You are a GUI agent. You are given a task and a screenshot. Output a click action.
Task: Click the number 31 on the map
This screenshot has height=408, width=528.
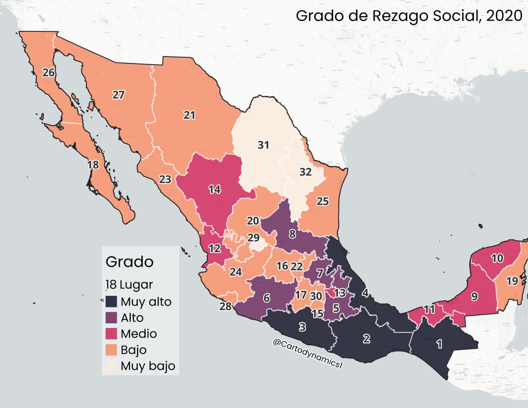[263, 144]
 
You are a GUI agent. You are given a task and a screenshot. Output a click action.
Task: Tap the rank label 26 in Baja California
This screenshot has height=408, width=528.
[48, 73]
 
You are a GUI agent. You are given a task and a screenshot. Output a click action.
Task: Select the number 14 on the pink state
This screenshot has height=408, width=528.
[214, 189]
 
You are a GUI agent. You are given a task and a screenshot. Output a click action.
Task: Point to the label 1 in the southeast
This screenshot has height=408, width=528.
[438, 345]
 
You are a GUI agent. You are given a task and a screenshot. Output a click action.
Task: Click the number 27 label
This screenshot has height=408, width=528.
[118, 95]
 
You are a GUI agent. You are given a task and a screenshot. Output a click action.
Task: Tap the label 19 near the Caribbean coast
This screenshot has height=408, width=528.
[512, 281]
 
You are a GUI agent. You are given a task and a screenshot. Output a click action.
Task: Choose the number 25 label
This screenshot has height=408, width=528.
[323, 201]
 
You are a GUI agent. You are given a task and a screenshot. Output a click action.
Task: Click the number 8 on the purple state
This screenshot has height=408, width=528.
[292, 234]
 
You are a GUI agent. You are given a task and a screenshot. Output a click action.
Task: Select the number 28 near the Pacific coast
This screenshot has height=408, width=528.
[225, 307]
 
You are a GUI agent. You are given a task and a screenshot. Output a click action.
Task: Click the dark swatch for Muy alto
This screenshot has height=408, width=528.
[111, 302]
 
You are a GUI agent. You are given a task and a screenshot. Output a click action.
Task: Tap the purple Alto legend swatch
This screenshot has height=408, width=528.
[111, 318]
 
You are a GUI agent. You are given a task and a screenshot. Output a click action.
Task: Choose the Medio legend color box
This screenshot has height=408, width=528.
[111, 334]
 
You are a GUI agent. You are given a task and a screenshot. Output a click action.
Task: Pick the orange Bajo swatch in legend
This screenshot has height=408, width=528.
[111, 349]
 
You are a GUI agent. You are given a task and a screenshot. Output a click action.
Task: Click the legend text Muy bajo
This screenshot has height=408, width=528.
[148, 365]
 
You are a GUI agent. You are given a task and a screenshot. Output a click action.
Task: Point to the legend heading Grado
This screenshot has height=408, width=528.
[129, 262]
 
